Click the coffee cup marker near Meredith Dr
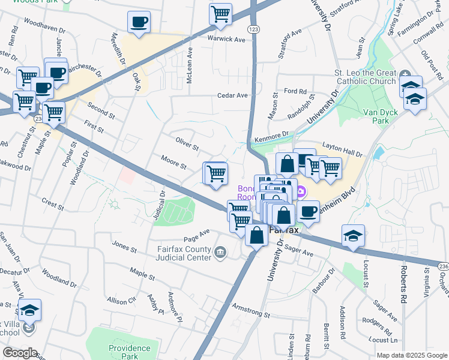tap(139, 23)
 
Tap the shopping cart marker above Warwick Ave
tap(221, 13)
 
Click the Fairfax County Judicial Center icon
tap(220, 251)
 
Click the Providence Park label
tap(130, 352)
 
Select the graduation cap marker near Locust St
tap(354, 235)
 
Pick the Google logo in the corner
tap(20, 352)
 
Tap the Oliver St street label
tap(187, 143)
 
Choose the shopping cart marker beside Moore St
tap(215, 173)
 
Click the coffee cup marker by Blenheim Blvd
tap(309, 211)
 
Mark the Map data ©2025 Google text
tap(411, 355)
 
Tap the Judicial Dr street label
tap(159, 205)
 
